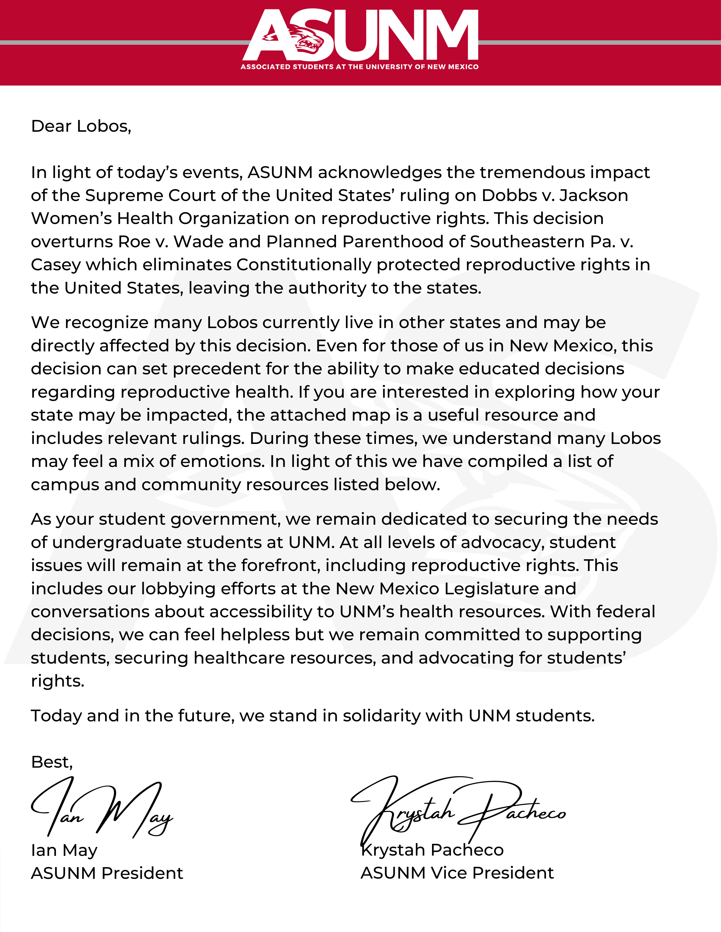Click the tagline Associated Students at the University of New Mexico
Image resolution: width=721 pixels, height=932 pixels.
click(x=359, y=67)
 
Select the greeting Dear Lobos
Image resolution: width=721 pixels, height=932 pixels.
click(x=81, y=127)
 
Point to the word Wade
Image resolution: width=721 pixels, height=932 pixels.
click(x=198, y=242)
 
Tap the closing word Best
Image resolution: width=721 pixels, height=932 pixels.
click(x=51, y=762)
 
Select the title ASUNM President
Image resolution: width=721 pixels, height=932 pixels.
click(x=107, y=874)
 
